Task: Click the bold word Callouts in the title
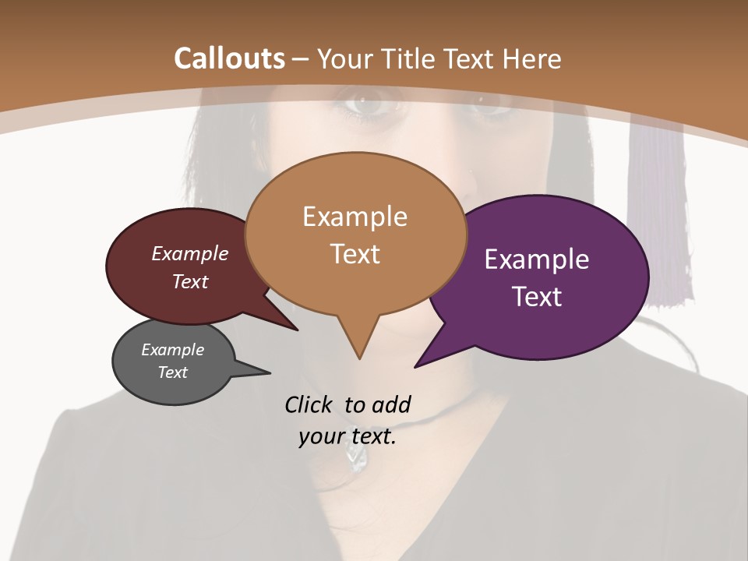[229, 58]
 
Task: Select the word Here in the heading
[531, 58]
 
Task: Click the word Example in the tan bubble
[355, 217]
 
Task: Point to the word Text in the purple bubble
[537, 297]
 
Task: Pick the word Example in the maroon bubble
[190, 253]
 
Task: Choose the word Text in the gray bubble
[173, 372]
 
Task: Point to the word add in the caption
[391, 404]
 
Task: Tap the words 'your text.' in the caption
[348, 436]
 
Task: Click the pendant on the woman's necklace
[356, 460]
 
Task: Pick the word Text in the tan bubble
[355, 254]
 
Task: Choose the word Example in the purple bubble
[537, 259]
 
